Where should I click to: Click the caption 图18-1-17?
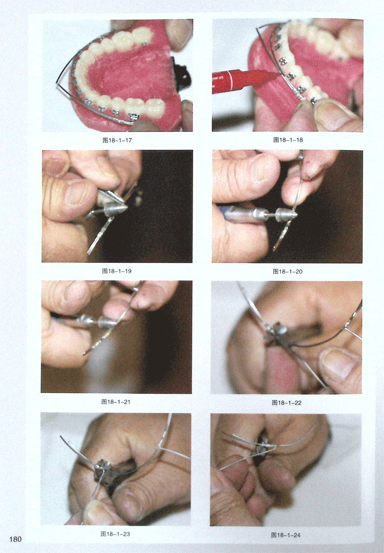point(117,140)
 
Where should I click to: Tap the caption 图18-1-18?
point(288,140)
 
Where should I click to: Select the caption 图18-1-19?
point(117,271)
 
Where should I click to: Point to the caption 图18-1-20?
point(287,271)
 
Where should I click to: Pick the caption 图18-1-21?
point(116,402)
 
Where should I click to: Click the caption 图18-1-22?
point(287,403)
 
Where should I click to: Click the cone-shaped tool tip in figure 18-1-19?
point(116,208)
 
